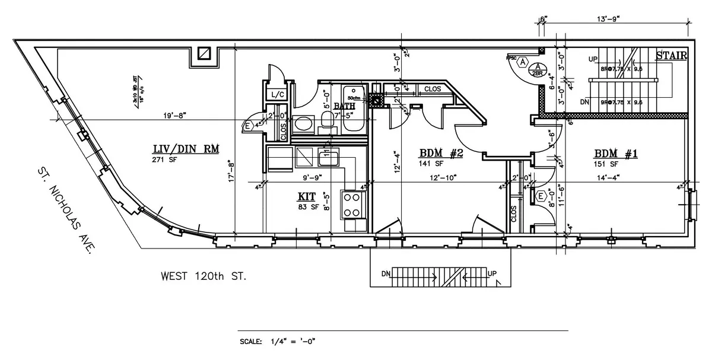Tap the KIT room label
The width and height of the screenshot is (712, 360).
[x=307, y=196]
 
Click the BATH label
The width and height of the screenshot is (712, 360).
[x=344, y=106]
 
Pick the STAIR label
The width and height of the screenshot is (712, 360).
[x=671, y=56]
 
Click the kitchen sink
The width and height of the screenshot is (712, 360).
[x=328, y=158]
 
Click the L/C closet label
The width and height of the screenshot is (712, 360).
[x=276, y=95]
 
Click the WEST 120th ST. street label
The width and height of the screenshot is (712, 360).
[x=204, y=276]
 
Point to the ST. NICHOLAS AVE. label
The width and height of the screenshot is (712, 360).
[x=65, y=210]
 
